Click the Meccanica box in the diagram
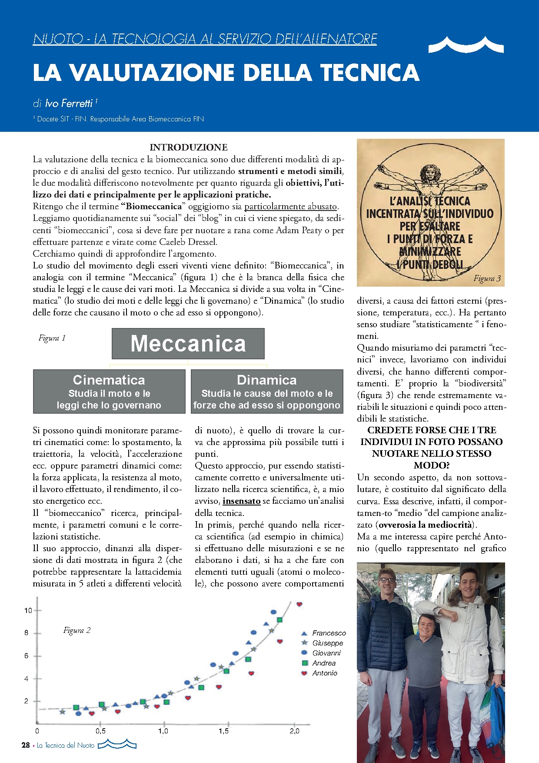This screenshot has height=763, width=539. click(188, 343)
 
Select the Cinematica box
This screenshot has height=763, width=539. click(109, 391)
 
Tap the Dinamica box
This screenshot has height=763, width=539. click(267, 391)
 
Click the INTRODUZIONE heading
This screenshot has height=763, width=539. click(189, 147)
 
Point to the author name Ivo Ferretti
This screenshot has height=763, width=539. click(69, 103)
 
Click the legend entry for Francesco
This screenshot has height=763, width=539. click(329, 633)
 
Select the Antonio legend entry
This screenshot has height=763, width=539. click(324, 673)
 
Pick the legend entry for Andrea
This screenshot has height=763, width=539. click(324, 663)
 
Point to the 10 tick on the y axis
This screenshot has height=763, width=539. click(28, 610)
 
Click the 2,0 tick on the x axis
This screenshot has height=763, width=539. click(294, 731)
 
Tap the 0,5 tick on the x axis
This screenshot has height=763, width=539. click(100, 731)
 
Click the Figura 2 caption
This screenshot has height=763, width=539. click(77, 630)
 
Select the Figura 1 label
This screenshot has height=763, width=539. click(52, 338)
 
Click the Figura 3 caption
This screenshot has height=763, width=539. click(487, 278)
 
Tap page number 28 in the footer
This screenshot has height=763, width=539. click(26, 745)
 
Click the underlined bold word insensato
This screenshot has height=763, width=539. click(241, 501)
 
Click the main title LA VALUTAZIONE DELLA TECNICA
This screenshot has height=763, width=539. click(226, 72)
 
